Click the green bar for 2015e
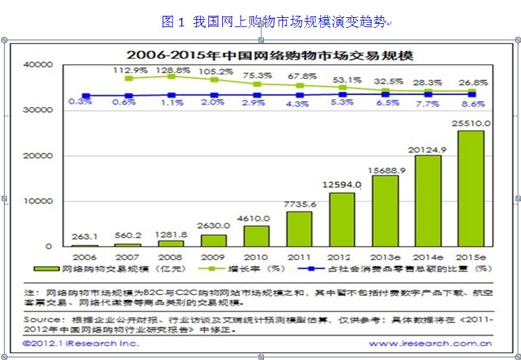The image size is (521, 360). coord(471,188)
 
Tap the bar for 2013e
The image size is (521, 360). coord(385,210)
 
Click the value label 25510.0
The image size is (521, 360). coord(471,123)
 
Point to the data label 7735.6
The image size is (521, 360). coord(300,204)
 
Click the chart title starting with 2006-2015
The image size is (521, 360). coord(270,54)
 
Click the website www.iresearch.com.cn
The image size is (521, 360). coord(430,343)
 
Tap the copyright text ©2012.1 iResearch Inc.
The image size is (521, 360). coord(81,343)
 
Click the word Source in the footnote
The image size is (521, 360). coord(42,320)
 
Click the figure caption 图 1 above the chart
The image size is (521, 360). coord(173,22)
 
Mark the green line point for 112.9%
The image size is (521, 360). coord(128,78)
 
